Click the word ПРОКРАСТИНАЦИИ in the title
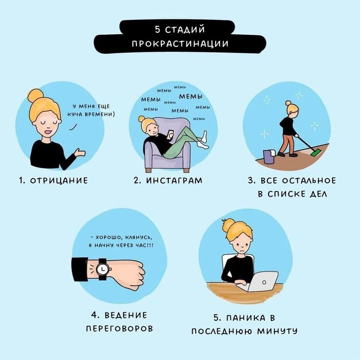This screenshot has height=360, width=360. tap(180, 43)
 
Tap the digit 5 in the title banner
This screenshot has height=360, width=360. tap(157, 30)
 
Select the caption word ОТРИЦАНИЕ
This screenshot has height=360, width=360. tap(59, 180)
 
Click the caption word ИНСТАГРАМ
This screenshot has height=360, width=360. tap(174, 180)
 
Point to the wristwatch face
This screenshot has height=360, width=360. tap(102, 269)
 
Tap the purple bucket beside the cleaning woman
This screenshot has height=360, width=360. tap(269, 157)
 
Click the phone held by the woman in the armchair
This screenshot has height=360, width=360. tap(170, 134)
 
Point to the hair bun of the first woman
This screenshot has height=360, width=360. tap(35, 96)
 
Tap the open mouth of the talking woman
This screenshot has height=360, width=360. tap(49, 133)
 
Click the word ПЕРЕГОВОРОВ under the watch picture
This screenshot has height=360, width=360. tap(119, 329)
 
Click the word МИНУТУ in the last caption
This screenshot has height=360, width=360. tap(277, 331)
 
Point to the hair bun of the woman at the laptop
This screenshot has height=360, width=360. tap(228, 225)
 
